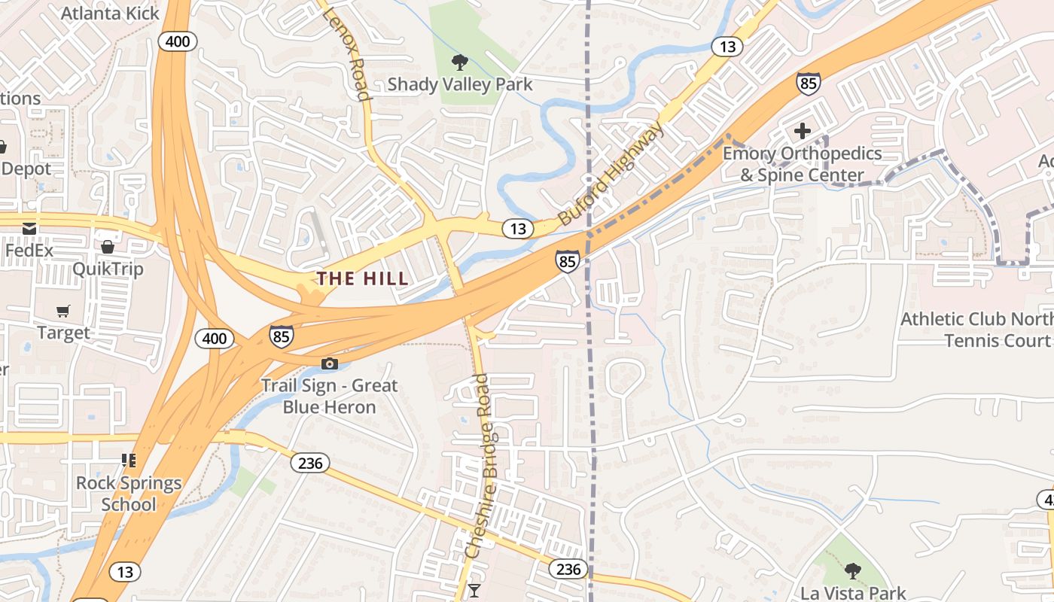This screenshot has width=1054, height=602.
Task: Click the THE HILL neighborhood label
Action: (x=362, y=278)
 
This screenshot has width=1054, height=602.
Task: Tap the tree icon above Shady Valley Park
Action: (x=458, y=62)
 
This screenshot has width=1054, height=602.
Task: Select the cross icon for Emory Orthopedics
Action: (x=803, y=131)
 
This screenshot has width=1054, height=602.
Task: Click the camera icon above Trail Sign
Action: (x=329, y=364)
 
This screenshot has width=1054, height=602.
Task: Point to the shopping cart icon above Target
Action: (x=63, y=311)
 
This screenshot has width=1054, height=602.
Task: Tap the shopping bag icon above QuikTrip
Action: (x=108, y=247)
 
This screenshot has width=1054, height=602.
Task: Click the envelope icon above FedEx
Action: (x=29, y=228)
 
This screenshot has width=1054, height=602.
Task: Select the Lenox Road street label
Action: (x=347, y=54)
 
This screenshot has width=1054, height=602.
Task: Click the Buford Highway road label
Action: (x=611, y=174)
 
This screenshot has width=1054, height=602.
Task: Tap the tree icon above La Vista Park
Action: (x=852, y=571)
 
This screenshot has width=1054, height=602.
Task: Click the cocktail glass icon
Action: (x=474, y=590)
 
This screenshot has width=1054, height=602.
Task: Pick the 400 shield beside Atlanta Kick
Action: (x=178, y=41)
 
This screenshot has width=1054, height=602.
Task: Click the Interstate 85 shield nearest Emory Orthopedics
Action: (x=808, y=83)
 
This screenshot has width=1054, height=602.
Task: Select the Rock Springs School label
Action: (x=129, y=494)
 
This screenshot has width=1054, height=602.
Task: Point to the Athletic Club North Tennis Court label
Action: (x=976, y=330)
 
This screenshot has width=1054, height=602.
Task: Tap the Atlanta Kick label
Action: (x=110, y=13)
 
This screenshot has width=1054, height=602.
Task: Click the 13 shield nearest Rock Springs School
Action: (x=125, y=572)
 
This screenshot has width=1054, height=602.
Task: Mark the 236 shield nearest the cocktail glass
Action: (x=568, y=569)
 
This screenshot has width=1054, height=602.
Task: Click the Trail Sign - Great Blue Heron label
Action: (x=329, y=397)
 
